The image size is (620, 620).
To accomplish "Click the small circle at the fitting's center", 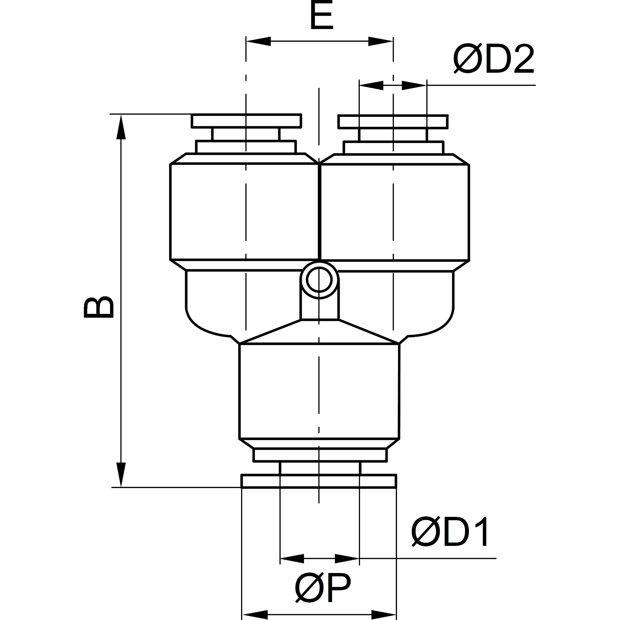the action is click(319, 280).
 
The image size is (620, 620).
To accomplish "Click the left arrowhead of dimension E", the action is click(258, 41).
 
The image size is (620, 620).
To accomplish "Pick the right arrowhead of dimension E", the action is click(381, 41).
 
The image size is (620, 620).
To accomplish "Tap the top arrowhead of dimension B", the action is click(121, 127).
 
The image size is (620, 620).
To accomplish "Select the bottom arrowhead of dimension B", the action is click(121, 474).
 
